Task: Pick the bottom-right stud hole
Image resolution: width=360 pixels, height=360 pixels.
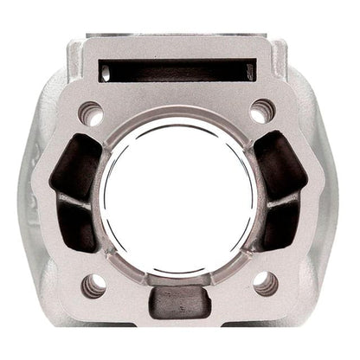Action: pos(266,283)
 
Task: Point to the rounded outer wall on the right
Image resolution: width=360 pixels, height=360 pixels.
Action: pos(333,199)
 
